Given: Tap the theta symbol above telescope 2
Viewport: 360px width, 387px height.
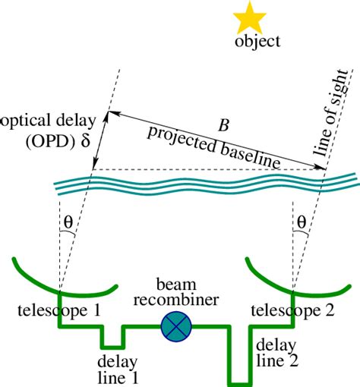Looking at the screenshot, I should click(x=302, y=223).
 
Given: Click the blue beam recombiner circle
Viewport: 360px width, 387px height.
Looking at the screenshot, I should click(x=177, y=327).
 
